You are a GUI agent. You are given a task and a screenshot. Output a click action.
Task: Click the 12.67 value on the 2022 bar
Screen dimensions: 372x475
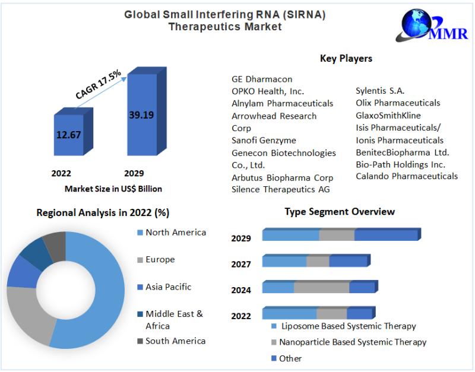pos(68,135)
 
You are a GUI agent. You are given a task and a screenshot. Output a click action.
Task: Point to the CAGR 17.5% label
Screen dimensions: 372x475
pos(99,85)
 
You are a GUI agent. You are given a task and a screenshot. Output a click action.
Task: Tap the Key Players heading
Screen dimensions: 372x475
pos(346,58)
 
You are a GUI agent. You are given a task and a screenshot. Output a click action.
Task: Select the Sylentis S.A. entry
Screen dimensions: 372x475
pos(380,91)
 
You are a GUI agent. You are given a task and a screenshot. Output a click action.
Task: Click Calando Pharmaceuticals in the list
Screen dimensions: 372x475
pos(407,176)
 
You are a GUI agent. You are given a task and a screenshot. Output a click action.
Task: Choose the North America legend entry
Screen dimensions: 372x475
pos(175,232)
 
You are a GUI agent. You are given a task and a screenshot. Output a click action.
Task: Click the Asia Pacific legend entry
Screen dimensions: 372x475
pos(168,287)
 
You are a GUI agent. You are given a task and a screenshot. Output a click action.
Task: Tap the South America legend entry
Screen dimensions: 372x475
pos(175,341)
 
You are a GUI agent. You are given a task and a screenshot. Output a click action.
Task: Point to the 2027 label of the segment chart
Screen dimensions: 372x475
pos(241,264)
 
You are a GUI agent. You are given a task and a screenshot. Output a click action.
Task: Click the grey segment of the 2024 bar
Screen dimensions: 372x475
pos(321,287)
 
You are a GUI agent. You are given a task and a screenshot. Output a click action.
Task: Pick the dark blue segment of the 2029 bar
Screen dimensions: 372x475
pos(386,235)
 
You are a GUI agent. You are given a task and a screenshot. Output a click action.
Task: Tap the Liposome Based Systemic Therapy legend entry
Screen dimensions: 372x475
pos(348,326)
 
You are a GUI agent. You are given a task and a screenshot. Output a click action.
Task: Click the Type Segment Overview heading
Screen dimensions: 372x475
pos(340,211)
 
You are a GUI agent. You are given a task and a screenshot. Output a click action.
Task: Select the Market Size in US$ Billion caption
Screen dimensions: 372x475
pos(113,189)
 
